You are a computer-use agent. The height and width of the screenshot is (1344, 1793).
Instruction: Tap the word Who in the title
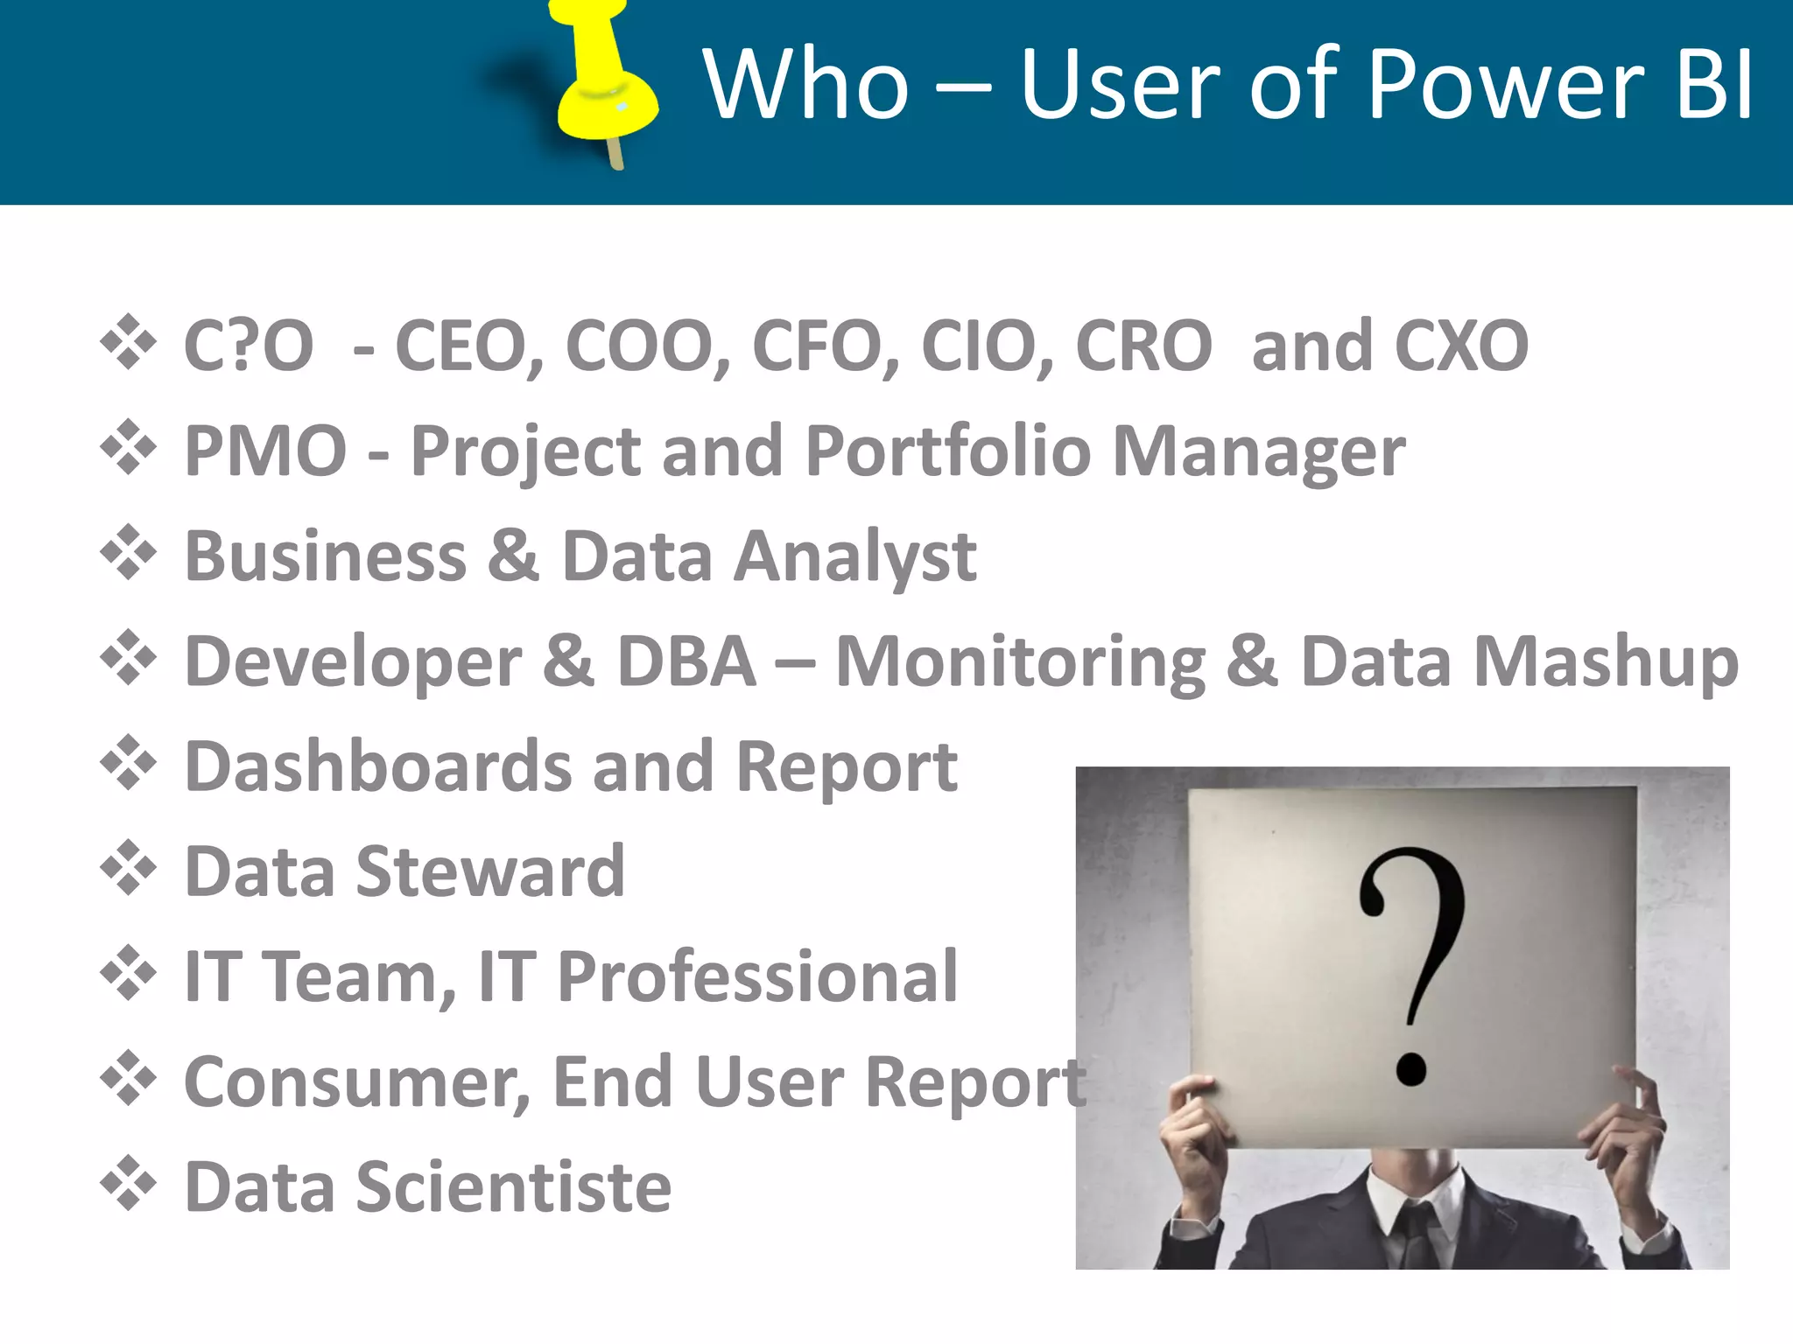tap(805, 84)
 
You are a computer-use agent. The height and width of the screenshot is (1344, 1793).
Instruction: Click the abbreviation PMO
tap(266, 451)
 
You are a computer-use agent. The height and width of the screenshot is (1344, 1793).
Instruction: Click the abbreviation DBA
tap(686, 661)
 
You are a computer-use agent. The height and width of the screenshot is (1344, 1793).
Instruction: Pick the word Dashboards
tap(377, 766)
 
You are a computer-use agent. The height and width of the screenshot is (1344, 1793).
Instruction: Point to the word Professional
tap(757, 976)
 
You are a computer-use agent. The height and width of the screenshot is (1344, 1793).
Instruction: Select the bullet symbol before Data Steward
tap(129, 868)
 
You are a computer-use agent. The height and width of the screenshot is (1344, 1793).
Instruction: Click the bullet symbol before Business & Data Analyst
tap(129, 553)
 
